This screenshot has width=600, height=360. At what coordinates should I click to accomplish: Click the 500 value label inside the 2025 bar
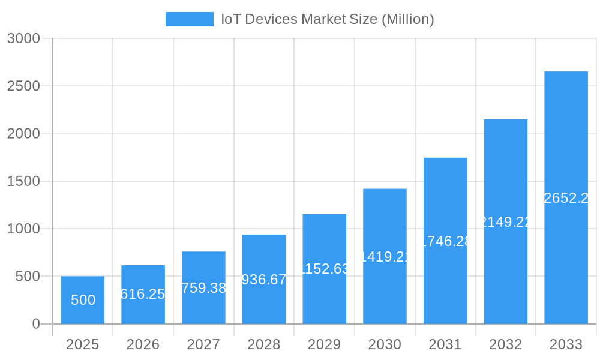(83, 300)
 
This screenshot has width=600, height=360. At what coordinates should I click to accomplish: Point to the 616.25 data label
(143, 294)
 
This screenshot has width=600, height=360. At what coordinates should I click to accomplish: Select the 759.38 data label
(203, 288)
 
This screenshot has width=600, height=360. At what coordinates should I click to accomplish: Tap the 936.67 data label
(264, 280)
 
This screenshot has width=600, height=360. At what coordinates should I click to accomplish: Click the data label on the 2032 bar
(506, 222)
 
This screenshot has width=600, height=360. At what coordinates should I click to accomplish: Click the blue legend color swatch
(189, 19)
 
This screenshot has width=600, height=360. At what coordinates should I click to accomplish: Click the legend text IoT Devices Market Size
(328, 19)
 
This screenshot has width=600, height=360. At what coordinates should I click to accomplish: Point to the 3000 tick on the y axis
(23, 38)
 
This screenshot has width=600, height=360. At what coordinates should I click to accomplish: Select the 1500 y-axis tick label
(23, 181)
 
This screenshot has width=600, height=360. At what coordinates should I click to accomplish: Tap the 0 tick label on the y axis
(35, 324)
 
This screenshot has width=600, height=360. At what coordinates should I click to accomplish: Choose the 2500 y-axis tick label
(23, 86)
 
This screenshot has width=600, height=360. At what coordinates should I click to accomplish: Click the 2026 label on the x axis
(143, 344)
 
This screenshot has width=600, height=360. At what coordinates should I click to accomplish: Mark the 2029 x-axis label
(324, 344)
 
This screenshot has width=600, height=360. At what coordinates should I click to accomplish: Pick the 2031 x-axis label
(445, 344)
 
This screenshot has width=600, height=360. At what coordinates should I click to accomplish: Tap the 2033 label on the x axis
(566, 344)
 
